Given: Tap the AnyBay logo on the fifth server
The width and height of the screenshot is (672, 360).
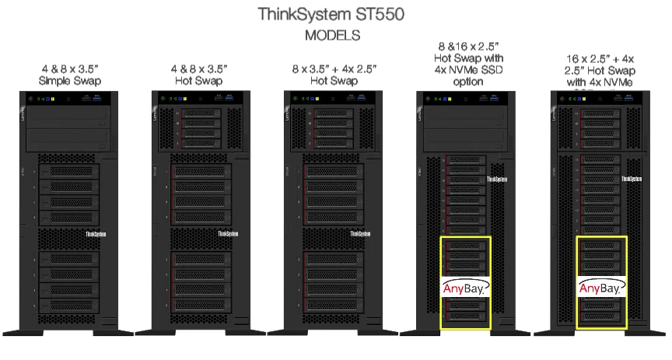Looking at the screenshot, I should [x=600, y=288].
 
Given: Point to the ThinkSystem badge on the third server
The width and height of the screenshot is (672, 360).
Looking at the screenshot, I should [x=360, y=233].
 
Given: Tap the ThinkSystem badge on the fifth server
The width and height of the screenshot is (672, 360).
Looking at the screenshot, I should [x=634, y=179].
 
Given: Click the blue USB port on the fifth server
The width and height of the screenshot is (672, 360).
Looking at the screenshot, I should [x=619, y=99].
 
